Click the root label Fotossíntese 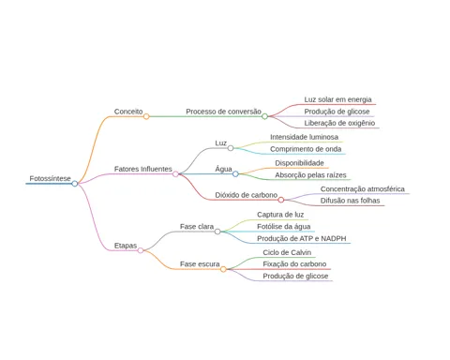[x=50, y=178]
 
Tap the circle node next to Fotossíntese [x=75, y=184]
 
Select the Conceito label [x=128, y=112]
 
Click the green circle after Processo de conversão [x=264, y=116]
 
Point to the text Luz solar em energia [x=337, y=99]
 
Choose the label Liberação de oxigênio [x=339, y=123]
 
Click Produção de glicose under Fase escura [x=295, y=277]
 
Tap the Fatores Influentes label [x=143, y=169]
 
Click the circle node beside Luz [x=231, y=148]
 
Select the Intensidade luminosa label [x=304, y=137]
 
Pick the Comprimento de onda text [x=306, y=149]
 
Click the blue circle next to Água [x=235, y=173]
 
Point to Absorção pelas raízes [x=310, y=175]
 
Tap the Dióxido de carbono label [x=247, y=195]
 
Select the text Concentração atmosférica [x=363, y=189]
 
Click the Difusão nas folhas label [x=350, y=201]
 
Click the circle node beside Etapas [x=141, y=250]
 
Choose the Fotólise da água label [x=284, y=227]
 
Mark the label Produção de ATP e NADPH [x=302, y=239]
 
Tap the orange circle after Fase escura [x=223, y=269]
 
